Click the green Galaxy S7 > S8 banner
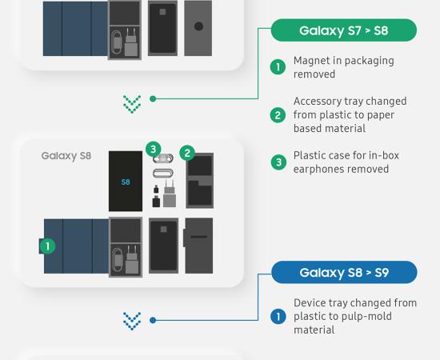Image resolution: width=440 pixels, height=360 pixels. click(x=344, y=30)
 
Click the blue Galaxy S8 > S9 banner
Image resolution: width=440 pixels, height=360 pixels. click(x=344, y=273)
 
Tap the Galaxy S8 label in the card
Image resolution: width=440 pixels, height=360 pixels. click(x=66, y=156)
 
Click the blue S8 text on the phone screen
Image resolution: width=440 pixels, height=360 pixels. click(x=126, y=182)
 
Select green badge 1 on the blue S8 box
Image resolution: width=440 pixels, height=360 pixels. click(x=47, y=246)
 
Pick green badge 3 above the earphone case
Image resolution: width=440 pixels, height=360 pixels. click(x=154, y=149)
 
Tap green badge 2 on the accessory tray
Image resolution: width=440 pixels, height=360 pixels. click(x=187, y=153)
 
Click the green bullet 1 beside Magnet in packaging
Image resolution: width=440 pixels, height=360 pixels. click(x=278, y=67)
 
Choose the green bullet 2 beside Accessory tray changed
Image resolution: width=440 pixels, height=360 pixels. click(x=278, y=115)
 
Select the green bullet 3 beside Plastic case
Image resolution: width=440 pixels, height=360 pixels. click(x=278, y=162)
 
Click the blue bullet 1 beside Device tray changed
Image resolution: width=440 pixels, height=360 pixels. click(x=278, y=316)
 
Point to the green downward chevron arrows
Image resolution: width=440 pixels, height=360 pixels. click(x=132, y=104)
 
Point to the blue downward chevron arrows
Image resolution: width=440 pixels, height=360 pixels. click(x=132, y=321)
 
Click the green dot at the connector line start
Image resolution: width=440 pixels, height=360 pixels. click(x=153, y=98)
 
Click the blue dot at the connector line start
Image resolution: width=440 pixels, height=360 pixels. click(x=153, y=320)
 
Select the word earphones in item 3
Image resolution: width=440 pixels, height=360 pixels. click(x=317, y=169)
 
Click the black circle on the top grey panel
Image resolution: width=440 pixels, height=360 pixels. click(x=198, y=26)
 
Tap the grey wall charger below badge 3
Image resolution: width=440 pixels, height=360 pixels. click(x=170, y=194)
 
